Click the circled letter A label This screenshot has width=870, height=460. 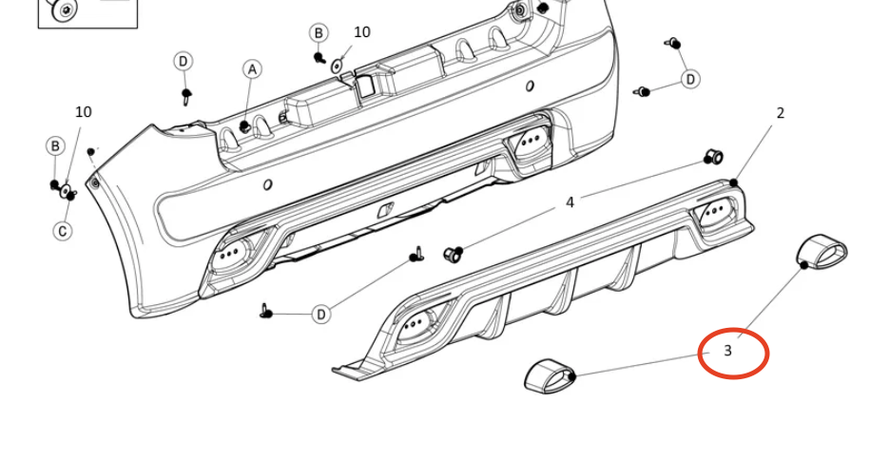coord(251,69)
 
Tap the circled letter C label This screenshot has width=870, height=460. coord(63,230)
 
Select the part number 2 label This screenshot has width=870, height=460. coord(781,113)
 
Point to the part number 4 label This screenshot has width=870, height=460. coord(570,202)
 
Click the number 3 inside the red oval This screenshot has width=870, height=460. coord(728,351)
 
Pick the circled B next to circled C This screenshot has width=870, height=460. coord(55,145)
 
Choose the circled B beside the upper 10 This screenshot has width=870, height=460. coord(319,33)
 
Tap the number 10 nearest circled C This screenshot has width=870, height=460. coord(84,112)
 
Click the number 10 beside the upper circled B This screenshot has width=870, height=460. coord(361,32)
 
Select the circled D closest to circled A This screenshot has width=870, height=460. coord(184,62)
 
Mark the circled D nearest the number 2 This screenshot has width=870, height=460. coord(690,79)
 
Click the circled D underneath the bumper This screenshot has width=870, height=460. coord(321,314)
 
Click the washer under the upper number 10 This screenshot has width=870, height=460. coord(338,66)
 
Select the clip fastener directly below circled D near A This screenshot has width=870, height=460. coord(187,94)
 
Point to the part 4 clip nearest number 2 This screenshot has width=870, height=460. coord(710,157)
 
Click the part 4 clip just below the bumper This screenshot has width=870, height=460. coord(454,254)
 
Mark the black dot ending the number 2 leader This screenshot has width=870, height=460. coord(734,182)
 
